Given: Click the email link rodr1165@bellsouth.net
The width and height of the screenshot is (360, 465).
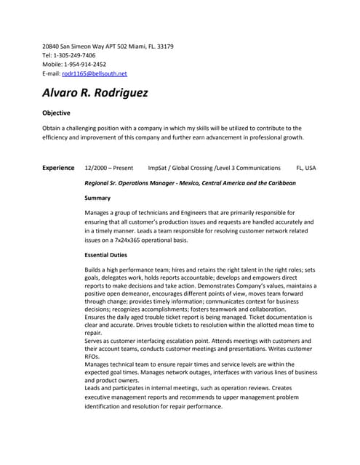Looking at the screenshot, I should [95, 73].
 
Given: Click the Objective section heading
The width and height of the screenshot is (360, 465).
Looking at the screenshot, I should [56, 113].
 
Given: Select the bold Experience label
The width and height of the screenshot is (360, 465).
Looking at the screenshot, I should [58, 168].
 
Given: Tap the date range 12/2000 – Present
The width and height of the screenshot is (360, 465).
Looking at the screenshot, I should [109, 168].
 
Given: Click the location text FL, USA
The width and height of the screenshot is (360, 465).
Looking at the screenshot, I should [305, 168].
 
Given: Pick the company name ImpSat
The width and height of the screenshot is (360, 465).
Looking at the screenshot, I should [159, 168].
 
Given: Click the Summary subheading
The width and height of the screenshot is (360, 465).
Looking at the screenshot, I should [97, 198].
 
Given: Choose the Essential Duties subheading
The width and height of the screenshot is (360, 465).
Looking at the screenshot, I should [105, 255].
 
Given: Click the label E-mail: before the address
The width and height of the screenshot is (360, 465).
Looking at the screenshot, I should [52, 73].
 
